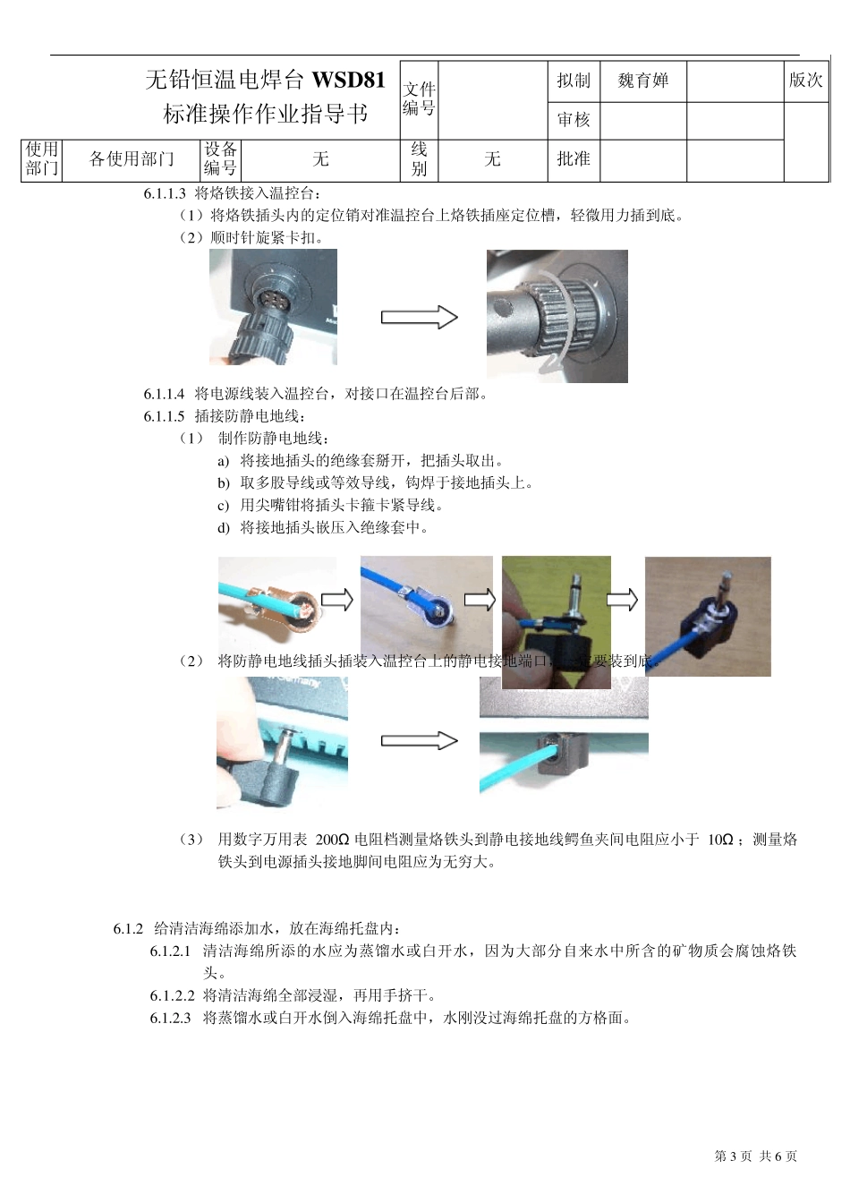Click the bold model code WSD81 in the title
[x=348, y=81]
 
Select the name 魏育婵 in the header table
[x=642, y=81]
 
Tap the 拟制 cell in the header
[x=574, y=81]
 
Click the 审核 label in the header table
[x=574, y=120]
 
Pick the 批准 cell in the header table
[x=574, y=159]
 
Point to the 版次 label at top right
[x=805, y=81]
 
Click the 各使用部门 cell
[x=132, y=159]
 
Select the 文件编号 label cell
[x=419, y=98]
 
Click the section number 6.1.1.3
[x=164, y=193]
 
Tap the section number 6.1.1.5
[x=164, y=416]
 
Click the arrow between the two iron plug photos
[x=419, y=317]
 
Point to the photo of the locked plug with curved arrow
[x=557, y=315]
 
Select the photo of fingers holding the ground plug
[x=556, y=622]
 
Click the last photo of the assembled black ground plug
[x=707, y=616]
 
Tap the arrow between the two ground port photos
[x=419, y=740]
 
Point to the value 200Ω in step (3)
[x=331, y=840]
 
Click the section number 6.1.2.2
[x=172, y=995]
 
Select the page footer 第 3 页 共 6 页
[x=755, y=1156]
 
